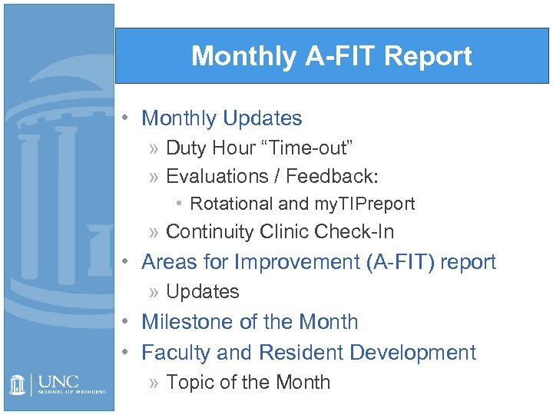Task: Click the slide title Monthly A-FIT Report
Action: (x=331, y=56)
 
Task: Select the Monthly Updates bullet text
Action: (x=222, y=118)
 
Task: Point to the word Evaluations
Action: (x=214, y=176)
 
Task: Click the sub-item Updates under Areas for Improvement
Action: (x=203, y=292)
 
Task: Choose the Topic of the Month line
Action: (x=248, y=382)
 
